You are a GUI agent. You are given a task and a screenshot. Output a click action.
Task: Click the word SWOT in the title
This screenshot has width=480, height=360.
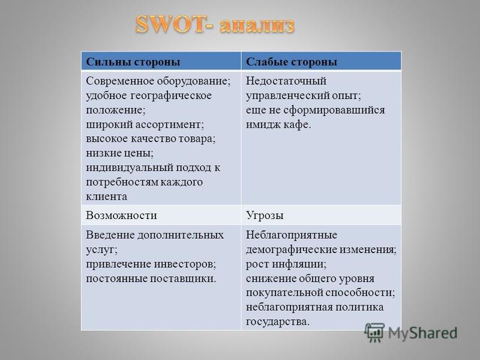click(169, 24)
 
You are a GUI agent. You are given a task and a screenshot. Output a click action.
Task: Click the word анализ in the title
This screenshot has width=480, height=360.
click(257, 25)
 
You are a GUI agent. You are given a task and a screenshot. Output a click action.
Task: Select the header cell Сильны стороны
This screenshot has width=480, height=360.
click(161, 61)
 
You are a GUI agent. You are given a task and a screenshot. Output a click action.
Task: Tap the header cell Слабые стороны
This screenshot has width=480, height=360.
click(321, 61)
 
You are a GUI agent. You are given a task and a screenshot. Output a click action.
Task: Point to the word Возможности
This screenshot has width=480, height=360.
click(121, 215)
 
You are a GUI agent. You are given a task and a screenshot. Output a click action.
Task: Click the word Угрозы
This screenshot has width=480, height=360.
click(265, 215)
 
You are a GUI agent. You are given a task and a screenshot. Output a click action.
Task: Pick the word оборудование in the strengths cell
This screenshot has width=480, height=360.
click(193, 81)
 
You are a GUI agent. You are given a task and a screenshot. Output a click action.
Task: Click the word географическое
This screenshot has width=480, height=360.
click(171, 95)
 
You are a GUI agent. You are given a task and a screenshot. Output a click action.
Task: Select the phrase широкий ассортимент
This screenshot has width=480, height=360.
click(145, 125)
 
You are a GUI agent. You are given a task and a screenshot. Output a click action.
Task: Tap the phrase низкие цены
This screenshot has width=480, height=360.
click(119, 153)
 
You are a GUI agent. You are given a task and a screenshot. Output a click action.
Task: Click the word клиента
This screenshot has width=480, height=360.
click(106, 197)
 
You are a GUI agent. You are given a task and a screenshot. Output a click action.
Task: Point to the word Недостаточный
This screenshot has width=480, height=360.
click(286, 81)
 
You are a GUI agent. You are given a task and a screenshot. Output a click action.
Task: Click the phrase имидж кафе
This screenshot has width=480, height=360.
click(278, 125)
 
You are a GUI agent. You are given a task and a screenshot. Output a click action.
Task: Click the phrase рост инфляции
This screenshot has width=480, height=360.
click(286, 264)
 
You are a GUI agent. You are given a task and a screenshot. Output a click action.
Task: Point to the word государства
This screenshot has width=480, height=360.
click(278, 322)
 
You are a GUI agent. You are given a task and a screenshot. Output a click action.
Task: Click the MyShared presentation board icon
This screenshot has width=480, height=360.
click(374, 332)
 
